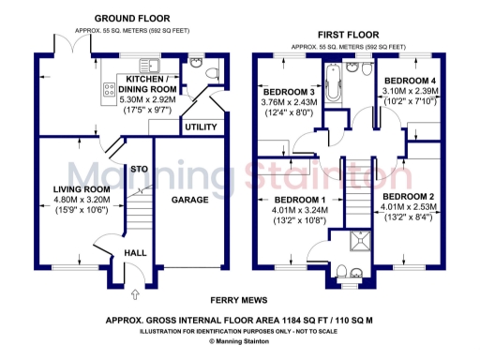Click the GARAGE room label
pos(188,200)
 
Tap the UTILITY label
pos(199,127)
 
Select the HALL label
pos(136,253)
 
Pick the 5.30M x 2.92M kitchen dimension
pos(142,97)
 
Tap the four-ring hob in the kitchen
pos(110,91)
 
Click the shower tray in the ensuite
pos(355,246)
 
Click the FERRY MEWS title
pos(239,300)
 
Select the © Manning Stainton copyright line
pos(239,341)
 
